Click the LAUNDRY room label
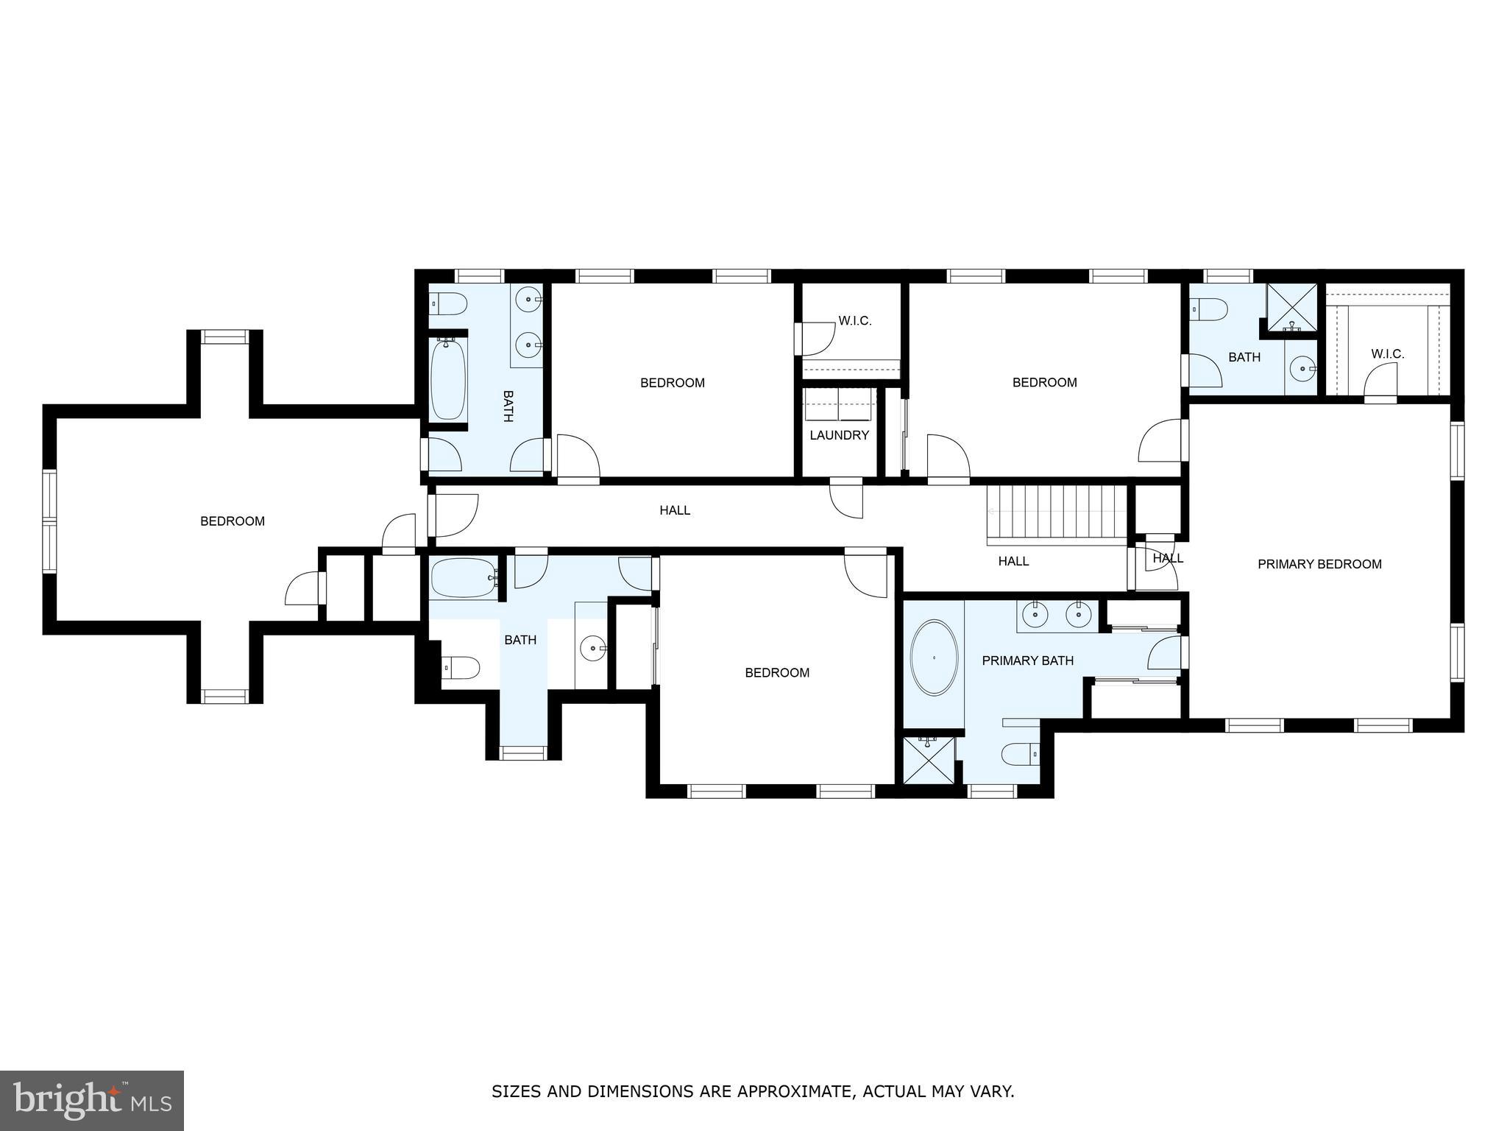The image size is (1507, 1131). click(839, 435)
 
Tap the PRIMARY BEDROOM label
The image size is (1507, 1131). click(1319, 564)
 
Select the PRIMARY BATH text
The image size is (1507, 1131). click(1027, 660)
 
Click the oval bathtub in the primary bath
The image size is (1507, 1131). click(935, 658)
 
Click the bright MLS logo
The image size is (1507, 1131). click(92, 1100)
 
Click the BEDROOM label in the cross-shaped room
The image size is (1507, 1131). click(233, 521)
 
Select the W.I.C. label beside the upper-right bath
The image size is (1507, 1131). click(1387, 354)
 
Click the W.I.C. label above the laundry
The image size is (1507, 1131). click(854, 321)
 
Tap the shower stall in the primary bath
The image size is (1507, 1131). click(929, 760)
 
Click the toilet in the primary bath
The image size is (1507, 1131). click(1020, 754)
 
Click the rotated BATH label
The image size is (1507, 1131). click(508, 406)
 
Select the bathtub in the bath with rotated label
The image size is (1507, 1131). click(447, 379)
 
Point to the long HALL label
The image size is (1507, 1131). click(675, 510)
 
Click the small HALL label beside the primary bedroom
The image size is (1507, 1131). click(1168, 558)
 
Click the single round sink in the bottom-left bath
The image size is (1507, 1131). click(593, 649)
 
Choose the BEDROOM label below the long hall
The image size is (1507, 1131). click(777, 672)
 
